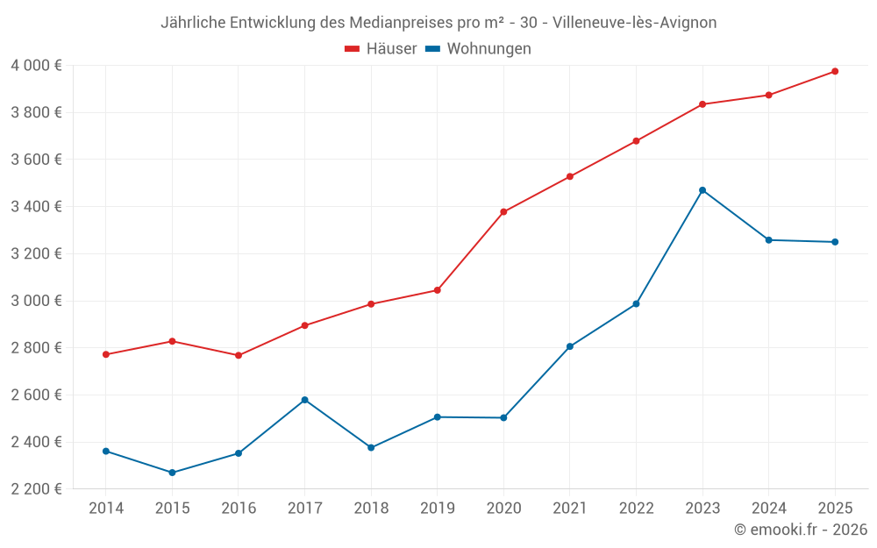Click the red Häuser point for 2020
point(503,211)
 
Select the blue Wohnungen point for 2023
point(702,190)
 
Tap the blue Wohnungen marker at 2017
point(304,400)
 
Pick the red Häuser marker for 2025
point(835,71)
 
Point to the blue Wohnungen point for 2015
point(172,473)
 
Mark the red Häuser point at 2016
point(239,355)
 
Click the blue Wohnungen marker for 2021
point(570,346)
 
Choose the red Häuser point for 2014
point(106,354)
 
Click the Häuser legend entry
point(381,49)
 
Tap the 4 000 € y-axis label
point(36,65)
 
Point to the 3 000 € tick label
point(36,301)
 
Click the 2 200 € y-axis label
point(36,489)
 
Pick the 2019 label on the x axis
point(437,509)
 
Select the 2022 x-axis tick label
point(636,509)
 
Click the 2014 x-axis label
point(106,509)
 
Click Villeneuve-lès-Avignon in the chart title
point(635,23)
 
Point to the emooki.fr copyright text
point(801,530)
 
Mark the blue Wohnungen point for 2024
point(768,239)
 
